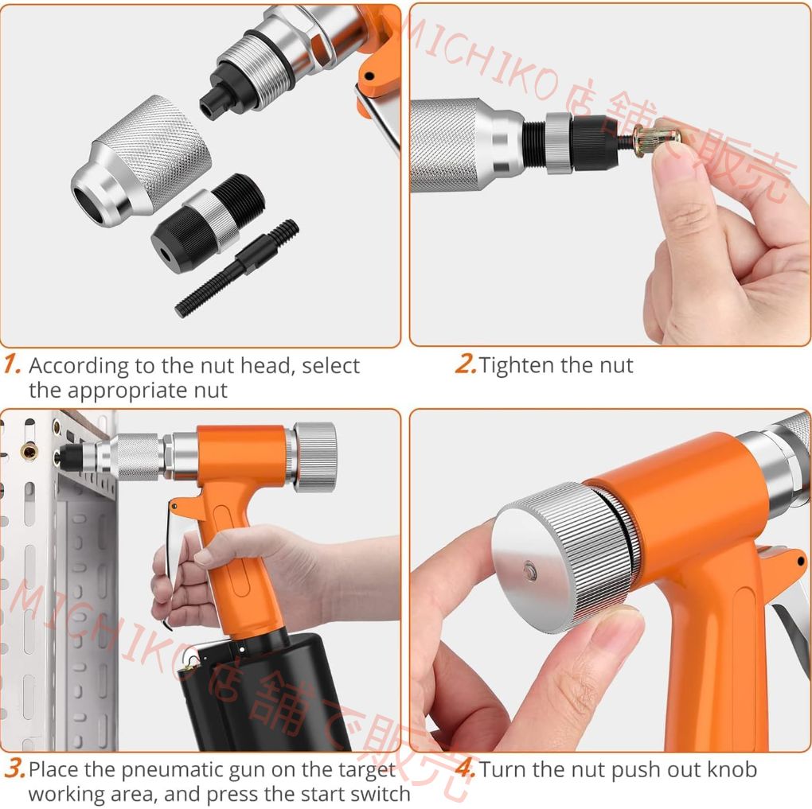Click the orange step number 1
pyautogui.click(x=12, y=364)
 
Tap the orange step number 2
pyautogui.click(x=465, y=364)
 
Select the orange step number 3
pyautogui.click(x=15, y=769)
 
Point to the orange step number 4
pyautogui.click(x=466, y=768)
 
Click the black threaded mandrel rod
pyautogui.click(x=237, y=268)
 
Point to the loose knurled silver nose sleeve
pyautogui.click(x=141, y=161)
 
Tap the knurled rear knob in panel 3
pyautogui.click(x=315, y=457)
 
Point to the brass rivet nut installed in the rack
pyautogui.click(x=29, y=451)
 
